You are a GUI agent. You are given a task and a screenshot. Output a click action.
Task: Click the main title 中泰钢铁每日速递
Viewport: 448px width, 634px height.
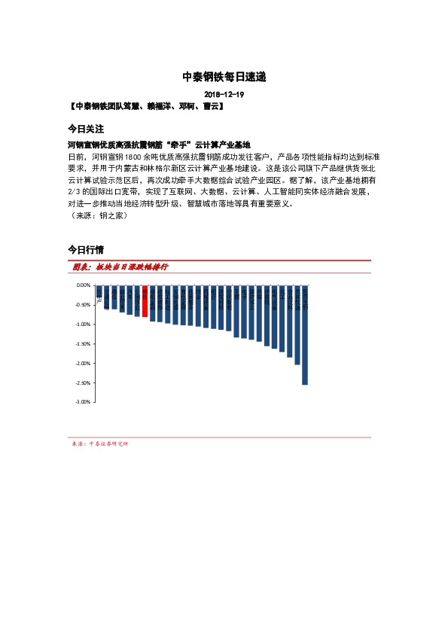click(224, 77)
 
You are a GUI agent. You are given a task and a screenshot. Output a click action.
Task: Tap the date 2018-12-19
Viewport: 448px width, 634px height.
click(224, 95)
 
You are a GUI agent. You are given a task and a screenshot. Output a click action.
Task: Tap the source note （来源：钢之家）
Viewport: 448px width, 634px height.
click(96, 215)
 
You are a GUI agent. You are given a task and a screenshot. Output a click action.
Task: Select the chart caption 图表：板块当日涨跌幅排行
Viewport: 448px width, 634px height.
click(120, 267)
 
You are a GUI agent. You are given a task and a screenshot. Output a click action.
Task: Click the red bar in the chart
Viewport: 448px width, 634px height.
click(145, 301)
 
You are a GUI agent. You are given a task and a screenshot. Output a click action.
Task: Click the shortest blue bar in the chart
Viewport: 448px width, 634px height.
click(99, 291)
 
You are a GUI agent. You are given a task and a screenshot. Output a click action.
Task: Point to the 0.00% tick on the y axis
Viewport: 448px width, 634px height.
click(84, 285)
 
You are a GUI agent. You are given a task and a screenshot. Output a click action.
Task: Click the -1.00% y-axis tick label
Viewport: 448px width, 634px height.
click(83, 325)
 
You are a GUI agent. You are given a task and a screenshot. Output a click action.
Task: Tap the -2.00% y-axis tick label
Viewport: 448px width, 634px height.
click(83, 363)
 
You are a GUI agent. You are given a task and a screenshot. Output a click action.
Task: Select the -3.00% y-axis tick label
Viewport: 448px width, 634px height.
click(83, 402)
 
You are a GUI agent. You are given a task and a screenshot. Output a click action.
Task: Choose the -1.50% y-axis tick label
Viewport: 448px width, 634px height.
click(83, 343)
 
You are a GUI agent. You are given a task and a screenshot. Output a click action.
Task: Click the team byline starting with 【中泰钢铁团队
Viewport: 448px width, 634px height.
click(145, 106)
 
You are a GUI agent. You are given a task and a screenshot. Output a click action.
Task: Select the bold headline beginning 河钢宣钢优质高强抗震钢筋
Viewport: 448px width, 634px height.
click(158, 145)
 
